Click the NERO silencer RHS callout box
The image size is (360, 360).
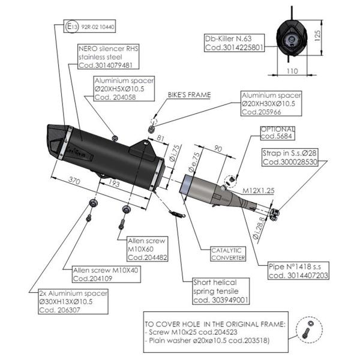(x=105, y=56)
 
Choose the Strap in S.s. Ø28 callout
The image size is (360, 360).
(x=290, y=157)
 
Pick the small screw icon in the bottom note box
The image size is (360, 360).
(x=308, y=328)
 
